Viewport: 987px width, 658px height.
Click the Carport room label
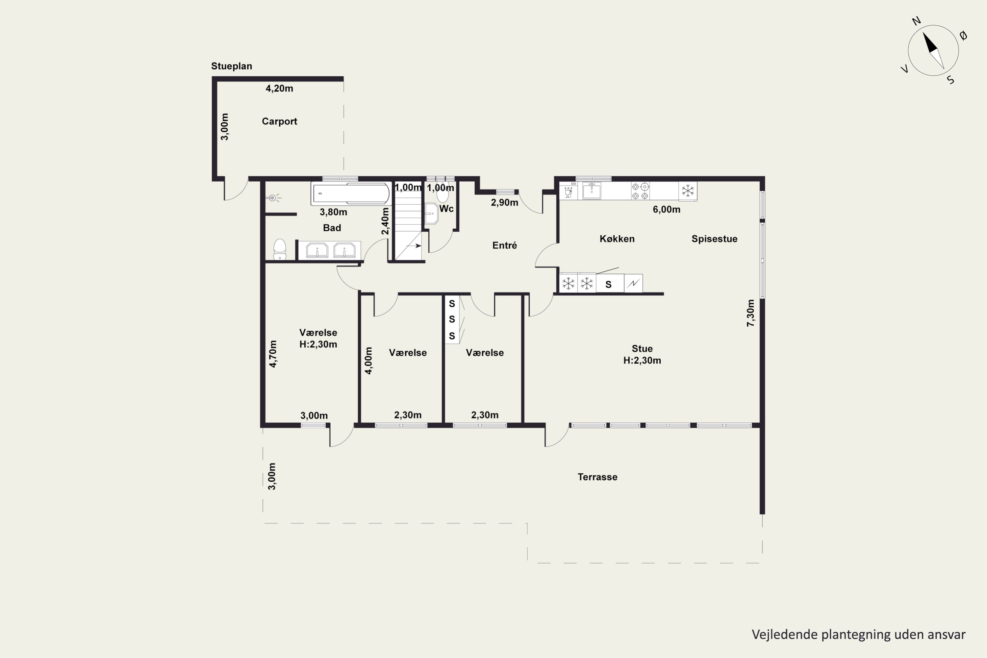click(x=279, y=121)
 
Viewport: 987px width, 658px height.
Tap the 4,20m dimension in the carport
click(x=279, y=89)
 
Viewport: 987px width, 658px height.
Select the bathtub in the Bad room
click(x=351, y=193)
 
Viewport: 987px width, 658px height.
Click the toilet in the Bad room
click(x=279, y=250)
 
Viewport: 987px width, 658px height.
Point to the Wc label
click(x=446, y=209)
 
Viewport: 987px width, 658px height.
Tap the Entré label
click(x=504, y=245)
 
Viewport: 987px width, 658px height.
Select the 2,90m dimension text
click(x=504, y=203)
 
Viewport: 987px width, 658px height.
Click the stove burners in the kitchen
click(x=640, y=191)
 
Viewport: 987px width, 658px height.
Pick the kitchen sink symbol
click(x=592, y=190)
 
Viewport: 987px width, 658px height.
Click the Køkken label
click(x=617, y=239)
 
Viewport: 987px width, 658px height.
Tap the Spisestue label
click(x=714, y=239)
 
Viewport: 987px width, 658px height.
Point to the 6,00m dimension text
click(x=667, y=209)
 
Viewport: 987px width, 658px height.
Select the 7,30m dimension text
click(x=751, y=313)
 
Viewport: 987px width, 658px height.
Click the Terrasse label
click(x=597, y=477)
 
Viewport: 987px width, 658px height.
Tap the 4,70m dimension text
click(x=273, y=354)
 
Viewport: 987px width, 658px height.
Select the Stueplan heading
click(x=232, y=66)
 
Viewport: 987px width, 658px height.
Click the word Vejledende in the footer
click(x=785, y=634)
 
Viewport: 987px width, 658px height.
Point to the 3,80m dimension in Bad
click(x=333, y=212)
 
